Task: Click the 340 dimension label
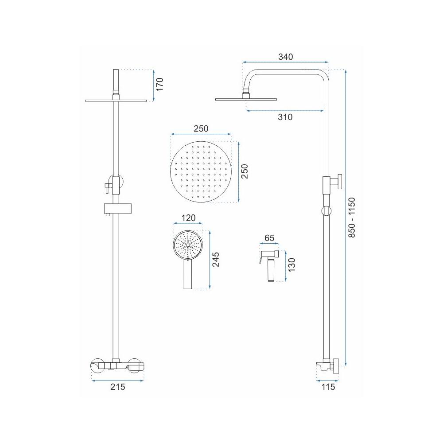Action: pyautogui.click(x=286, y=57)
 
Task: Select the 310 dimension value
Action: pyautogui.click(x=285, y=117)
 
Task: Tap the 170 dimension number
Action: pyautogui.click(x=160, y=84)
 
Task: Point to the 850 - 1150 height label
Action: pyautogui.click(x=351, y=217)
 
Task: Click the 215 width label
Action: pyautogui.click(x=117, y=387)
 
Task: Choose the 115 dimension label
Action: pyautogui.click(x=328, y=387)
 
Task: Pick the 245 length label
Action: pyautogui.click(x=216, y=259)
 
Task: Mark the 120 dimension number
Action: pyautogui.click(x=188, y=218)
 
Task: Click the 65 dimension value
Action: pyautogui.click(x=269, y=238)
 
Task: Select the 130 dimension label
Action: pyautogui.click(x=291, y=265)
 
